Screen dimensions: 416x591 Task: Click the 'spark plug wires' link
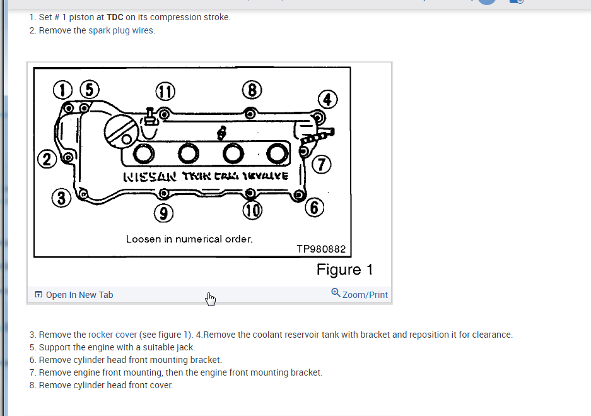tap(120, 30)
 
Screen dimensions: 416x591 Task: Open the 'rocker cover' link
tap(112, 335)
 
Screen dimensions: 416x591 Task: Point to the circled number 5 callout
tap(89, 90)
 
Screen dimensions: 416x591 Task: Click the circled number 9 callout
tap(164, 214)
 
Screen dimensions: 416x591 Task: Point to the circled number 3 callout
tap(62, 198)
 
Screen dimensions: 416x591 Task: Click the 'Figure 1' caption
tap(344, 270)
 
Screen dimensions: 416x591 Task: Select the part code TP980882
tap(321, 249)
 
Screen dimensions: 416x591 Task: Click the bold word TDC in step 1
tap(115, 17)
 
